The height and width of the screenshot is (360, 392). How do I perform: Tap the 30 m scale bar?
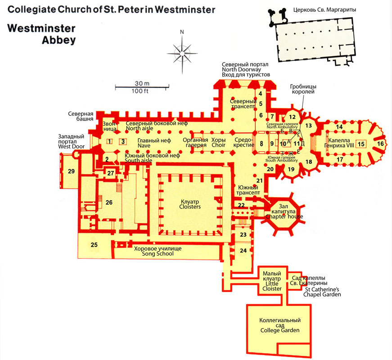coord(142,87)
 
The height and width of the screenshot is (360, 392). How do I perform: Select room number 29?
coord(71,171)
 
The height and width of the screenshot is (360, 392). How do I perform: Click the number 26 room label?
coord(109,202)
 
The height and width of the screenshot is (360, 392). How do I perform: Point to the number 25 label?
coord(94,245)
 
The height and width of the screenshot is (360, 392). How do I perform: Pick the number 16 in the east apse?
coord(380,144)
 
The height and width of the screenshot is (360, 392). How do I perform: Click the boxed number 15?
coord(361,144)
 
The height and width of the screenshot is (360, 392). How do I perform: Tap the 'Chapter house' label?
coord(284,216)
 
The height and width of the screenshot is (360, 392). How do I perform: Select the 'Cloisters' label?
coord(190,207)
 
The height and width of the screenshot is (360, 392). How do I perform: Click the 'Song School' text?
coord(158,254)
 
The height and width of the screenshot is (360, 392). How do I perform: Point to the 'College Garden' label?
coord(280,330)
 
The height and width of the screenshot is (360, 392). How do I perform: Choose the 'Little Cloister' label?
coord(272,286)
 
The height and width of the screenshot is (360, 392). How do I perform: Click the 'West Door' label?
coord(71,147)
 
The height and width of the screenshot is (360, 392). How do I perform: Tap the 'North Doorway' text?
coord(242,69)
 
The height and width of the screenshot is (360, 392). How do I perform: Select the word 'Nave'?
coord(144,145)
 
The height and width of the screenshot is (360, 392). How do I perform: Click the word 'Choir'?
coord(218,145)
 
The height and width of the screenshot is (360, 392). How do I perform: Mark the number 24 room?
coord(243,250)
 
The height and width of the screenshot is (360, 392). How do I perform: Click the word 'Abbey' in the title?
coord(59,40)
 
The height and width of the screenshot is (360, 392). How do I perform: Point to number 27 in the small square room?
coord(111,173)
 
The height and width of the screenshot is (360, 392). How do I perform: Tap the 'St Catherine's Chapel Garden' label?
coord(322,292)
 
